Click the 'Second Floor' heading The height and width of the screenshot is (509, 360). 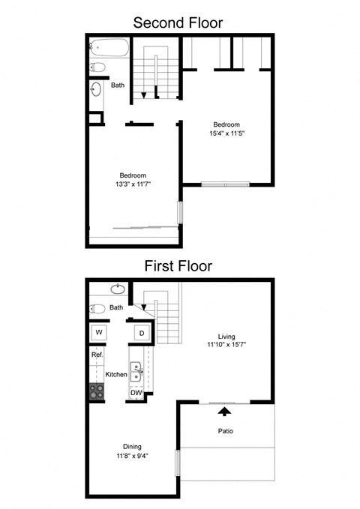click(179, 22)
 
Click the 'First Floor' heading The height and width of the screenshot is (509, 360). click(179, 265)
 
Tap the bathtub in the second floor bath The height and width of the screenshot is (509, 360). click(109, 49)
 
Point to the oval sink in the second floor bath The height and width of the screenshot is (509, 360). click(96, 90)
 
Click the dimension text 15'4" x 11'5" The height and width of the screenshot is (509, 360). click(226, 133)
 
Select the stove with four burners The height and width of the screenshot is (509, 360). click(97, 390)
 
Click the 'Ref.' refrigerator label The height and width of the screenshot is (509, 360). click(97, 354)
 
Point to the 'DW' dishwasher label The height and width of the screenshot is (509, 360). click(136, 393)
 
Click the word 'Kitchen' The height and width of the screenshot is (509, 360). click(115, 374)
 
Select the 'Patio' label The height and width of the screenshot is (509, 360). click(226, 431)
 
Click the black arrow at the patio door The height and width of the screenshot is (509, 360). click(222, 409)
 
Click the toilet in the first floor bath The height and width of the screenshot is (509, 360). click(98, 308)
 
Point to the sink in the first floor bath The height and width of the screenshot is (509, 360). click(118, 289)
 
